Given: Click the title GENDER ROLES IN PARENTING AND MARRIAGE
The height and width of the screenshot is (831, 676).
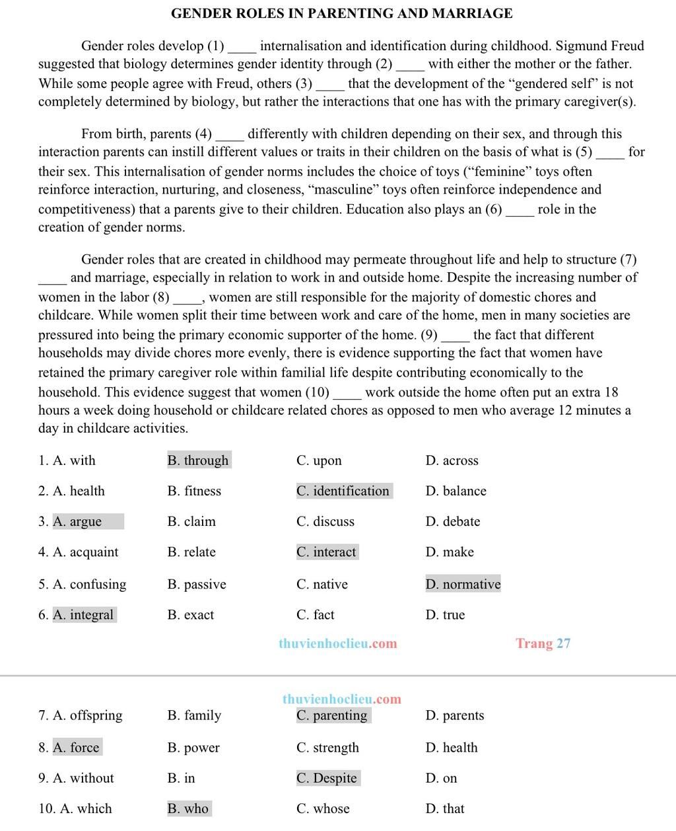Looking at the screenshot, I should pyautogui.click(x=341, y=13).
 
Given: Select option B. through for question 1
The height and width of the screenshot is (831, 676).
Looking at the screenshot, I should pyautogui.click(x=199, y=460).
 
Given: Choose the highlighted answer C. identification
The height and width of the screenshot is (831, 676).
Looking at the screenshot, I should pyautogui.click(x=344, y=491).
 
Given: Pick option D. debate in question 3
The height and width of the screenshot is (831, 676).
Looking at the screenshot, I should pyautogui.click(x=453, y=521).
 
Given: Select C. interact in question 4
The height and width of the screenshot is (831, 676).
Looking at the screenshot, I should pyautogui.click(x=327, y=552).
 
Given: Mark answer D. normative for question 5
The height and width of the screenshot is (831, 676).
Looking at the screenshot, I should pyautogui.click(x=463, y=584).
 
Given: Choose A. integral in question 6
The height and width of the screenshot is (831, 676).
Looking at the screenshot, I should pyautogui.click(x=84, y=614).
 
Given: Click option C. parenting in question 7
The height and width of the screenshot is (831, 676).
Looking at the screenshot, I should pyautogui.click(x=333, y=715).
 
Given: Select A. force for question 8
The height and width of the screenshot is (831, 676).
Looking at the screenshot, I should pyautogui.click(x=77, y=747).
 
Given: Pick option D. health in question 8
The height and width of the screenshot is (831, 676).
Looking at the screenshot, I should pyautogui.click(x=452, y=747).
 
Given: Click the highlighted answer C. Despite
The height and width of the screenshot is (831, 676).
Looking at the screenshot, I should pyautogui.click(x=327, y=777).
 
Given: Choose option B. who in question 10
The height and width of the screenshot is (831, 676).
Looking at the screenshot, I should pyautogui.click(x=189, y=808).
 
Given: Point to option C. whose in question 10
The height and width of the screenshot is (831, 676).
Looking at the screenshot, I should pyautogui.click(x=323, y=808).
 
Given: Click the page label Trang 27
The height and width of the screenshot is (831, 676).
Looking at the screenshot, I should pyautogui.click(x=543, y=643).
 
